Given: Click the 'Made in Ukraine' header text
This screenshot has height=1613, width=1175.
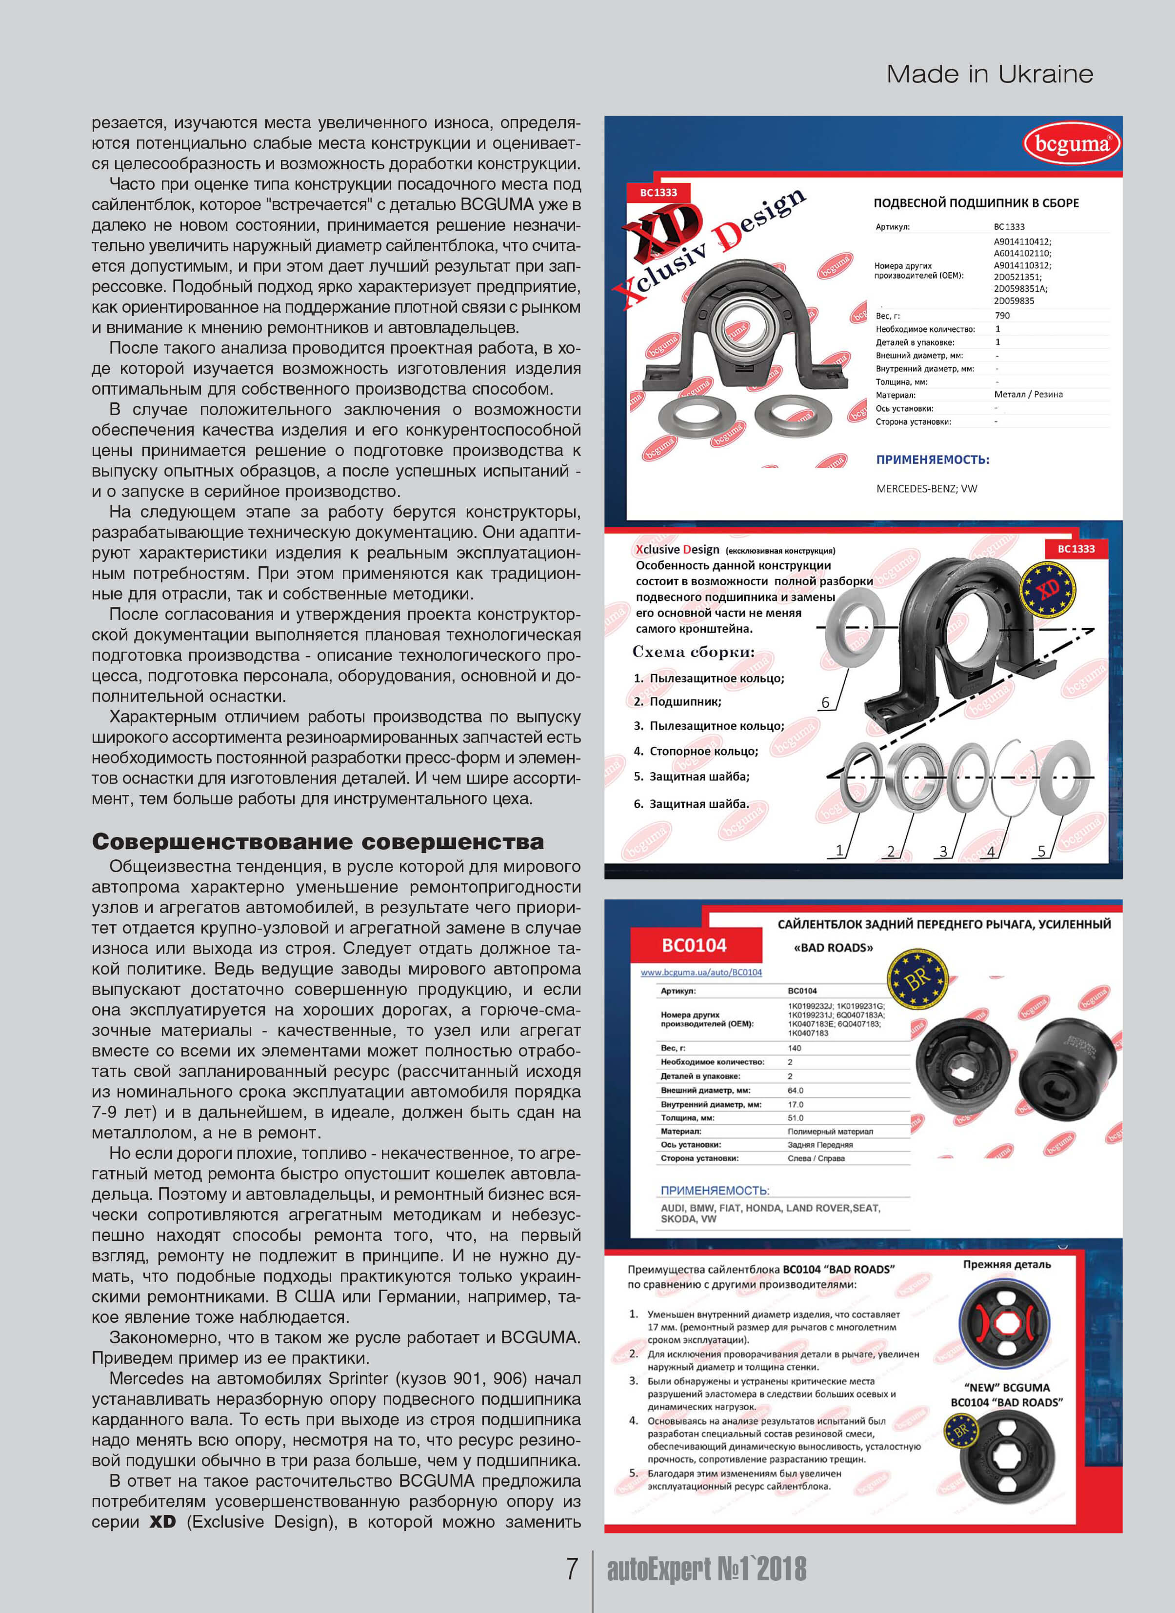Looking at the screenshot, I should (989, 74).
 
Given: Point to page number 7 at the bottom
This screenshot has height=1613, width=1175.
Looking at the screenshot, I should (572, 1568).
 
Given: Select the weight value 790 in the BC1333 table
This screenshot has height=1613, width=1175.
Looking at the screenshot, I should (1001, 315).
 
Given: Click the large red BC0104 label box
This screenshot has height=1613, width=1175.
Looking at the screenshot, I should (694, 945).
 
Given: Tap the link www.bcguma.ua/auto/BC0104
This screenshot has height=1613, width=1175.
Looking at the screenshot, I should (700, 972).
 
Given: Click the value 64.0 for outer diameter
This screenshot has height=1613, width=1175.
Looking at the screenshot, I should (795, 1090).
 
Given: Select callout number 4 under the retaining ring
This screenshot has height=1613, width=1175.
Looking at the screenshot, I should (991, 851).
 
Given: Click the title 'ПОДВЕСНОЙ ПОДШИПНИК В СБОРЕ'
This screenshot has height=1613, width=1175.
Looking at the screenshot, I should (976, 203).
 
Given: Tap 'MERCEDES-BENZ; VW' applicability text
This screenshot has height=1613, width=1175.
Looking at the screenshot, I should (926, 489).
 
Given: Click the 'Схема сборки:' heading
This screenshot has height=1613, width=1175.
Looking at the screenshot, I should (693, 652).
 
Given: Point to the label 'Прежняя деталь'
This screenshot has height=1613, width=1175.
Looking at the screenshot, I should (1006, 1265).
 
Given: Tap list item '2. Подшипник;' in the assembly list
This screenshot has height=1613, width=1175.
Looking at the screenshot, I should (678, 702).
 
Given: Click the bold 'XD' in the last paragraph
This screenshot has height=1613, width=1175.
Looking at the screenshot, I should (163, 1522).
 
